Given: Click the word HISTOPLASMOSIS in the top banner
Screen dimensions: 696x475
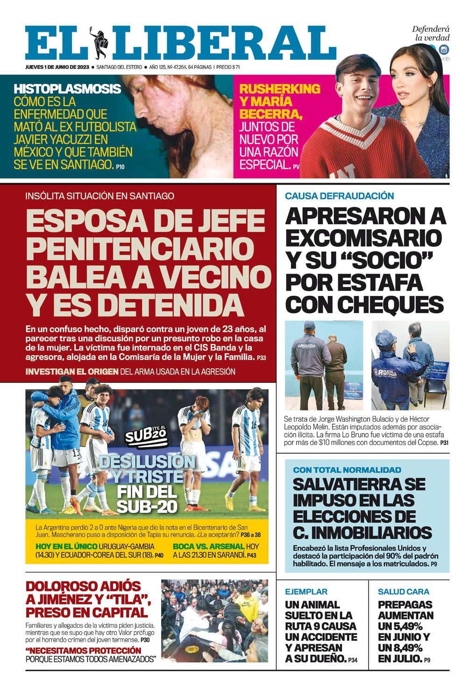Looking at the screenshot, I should (x=67, y=89).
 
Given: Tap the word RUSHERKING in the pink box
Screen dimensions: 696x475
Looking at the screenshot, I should (x=280, y=88).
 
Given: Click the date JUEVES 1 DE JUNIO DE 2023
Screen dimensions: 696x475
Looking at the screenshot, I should (x=57, y=67).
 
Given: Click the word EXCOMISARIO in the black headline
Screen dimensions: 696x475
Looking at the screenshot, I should (x=363, y=238).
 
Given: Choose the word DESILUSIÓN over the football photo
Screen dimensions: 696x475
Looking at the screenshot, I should (x=141, y=462).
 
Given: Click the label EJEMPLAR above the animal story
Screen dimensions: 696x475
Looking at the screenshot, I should (x=306, y=591).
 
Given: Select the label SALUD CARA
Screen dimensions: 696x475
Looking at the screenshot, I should (x=404, y=591).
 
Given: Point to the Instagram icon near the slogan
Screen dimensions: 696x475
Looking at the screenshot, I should (x=444, y=50).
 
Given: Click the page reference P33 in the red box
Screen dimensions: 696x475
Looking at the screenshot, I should (x=261, y=358).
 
